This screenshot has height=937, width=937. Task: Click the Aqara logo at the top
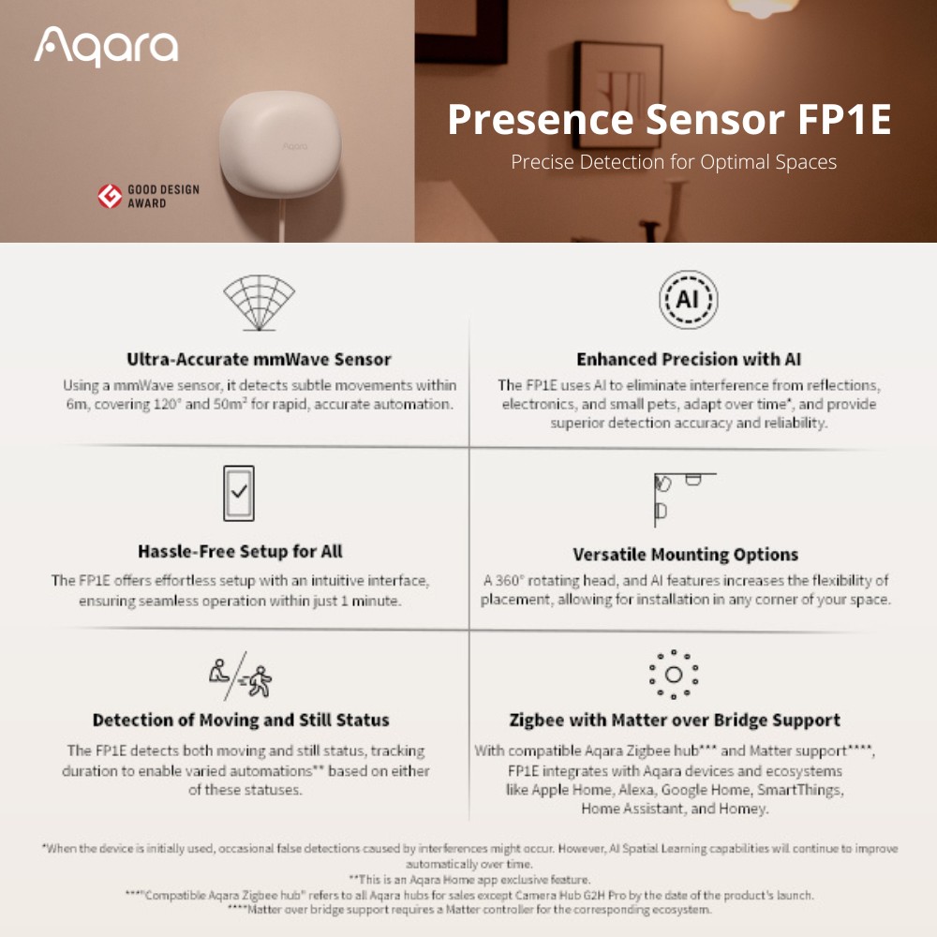coord(106,46)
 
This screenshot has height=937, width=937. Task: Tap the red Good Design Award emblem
coord(110,196)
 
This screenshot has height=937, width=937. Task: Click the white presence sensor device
coord(281,144)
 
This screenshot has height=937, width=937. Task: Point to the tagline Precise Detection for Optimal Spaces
coord(674,162)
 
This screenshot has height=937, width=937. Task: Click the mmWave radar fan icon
coord(259,303)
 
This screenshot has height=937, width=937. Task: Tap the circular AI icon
coord(689,300)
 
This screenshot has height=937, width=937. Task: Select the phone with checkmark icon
coord(238,493)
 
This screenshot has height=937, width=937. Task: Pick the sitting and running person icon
coord(240,677)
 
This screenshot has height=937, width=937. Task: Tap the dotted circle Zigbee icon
coord(674,675)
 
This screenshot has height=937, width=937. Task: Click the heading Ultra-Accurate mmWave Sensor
coord(259,359)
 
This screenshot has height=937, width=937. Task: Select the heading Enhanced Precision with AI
coord(689,359)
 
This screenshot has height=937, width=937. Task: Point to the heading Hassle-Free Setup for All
coord(240,551)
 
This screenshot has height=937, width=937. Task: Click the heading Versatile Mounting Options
coord(686,555)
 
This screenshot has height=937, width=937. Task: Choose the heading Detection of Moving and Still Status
coord(241,720)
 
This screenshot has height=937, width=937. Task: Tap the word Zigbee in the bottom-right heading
coord(537,721)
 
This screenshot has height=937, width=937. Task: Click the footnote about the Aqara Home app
coord(469,880)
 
